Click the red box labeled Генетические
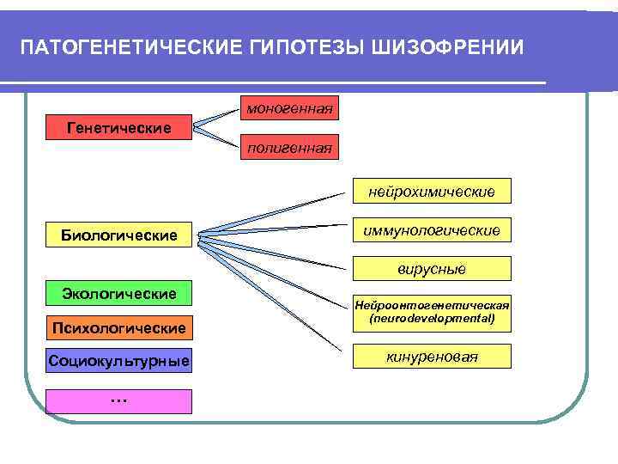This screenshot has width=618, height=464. (x=118, y=128)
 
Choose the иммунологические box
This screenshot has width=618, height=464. (x=432, y=230)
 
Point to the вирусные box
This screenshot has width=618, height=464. (x=432, y=269)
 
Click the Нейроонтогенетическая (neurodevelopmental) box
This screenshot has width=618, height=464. (x=432, y=311)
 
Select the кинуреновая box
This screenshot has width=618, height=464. (x=432, y=356)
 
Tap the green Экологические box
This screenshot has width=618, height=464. (x=118, y=294)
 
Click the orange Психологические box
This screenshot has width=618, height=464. (x=118, y=327)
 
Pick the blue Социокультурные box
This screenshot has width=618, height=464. (x=118, y=360)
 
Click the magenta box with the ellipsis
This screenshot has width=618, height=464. (x=118, y=400)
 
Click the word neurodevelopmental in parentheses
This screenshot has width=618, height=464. (x=432, y=318)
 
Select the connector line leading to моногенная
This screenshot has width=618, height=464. (x=219, y=116)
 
